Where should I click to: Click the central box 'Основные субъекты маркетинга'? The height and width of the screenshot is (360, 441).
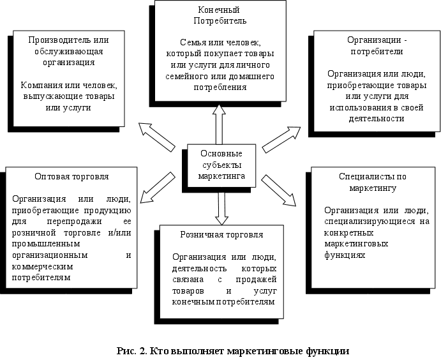pyautogui.click(x=220, y=164)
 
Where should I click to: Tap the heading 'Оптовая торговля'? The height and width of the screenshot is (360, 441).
pyautogui.click(x=71, y=176)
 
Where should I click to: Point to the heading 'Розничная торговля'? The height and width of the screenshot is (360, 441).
pyautogui.click(x=218, y=234)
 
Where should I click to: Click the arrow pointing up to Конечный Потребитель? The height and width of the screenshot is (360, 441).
pyautogui.click(x=219, y=125)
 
